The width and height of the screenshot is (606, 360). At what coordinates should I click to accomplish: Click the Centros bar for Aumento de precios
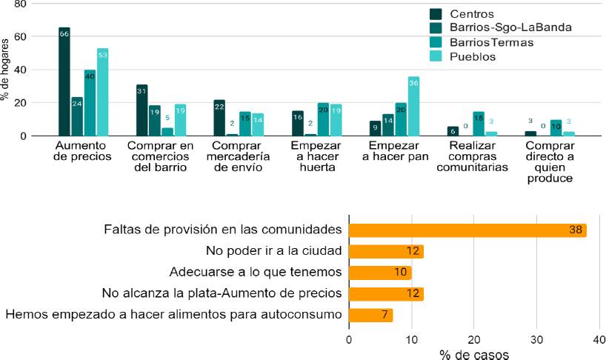(x=64, y=81)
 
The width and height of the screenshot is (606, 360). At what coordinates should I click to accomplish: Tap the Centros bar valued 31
(x=141, y=110)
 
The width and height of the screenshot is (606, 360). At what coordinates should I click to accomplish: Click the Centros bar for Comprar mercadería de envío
(x=219, y=118)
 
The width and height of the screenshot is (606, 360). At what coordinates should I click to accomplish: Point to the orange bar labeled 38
(x=467, y=230)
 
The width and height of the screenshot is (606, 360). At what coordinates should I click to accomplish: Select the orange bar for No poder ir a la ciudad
(x=385, y=251)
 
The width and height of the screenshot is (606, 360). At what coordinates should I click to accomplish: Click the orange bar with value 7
(x=370, y=315)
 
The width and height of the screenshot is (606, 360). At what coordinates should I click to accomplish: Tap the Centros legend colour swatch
(x=436, y=14)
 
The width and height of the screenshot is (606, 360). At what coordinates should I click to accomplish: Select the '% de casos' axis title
(x=473, y=354)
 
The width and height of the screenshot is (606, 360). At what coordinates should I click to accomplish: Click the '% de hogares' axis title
(x=7, y=70)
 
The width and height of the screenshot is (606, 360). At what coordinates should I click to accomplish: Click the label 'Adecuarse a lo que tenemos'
(x=255, y=272)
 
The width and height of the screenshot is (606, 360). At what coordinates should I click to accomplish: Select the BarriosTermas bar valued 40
(x=90, y=103)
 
